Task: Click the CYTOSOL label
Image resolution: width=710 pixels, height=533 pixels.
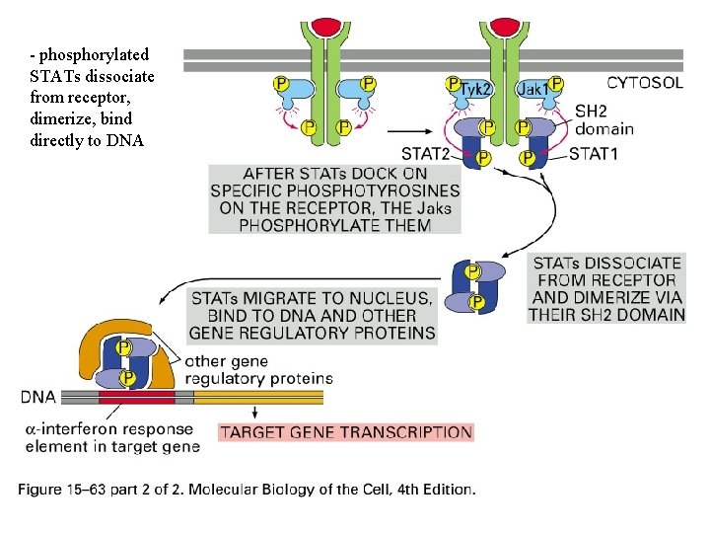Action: (x=645, y=83)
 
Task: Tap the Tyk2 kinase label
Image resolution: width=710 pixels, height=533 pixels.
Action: (x=477, y=89)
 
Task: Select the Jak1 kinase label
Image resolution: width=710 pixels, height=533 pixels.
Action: (x=534, y=89)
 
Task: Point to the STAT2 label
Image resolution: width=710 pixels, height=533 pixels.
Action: (x=426, y=153)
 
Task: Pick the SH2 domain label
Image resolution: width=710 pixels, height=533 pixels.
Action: (x=603, y=120)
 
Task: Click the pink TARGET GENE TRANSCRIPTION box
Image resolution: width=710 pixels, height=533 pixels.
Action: (x=345, y=431)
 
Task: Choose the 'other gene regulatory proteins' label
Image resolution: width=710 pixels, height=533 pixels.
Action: (x=258, y=369)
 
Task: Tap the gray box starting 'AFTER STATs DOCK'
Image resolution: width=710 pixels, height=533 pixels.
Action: (x=334, y=199)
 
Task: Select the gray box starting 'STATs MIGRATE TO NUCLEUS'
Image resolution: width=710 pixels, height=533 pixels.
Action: (x=313, y=315)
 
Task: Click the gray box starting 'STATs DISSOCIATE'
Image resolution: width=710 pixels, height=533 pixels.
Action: (x=606, y=288)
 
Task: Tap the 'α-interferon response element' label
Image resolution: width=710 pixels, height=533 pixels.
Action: (x=110, y=438)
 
